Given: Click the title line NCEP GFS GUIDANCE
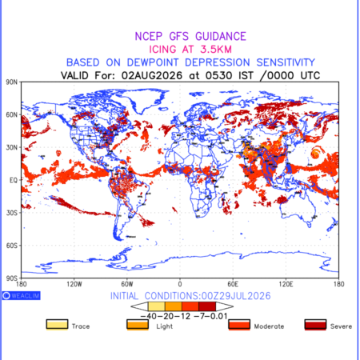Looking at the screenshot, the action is [190, 36].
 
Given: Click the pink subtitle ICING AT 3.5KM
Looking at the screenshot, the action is [190, 50].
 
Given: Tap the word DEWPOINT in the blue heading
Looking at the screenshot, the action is [153, 62].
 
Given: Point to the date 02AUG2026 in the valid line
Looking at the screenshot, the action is [152, 75].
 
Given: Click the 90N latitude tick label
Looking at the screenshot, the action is [12, 82].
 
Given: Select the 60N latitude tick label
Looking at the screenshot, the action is [12, 114].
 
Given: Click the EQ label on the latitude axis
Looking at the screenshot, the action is [14, 180].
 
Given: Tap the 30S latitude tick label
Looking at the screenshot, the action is [12, 213].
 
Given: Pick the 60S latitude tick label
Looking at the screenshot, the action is [12, 246].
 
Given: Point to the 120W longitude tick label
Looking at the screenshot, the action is [74, 284].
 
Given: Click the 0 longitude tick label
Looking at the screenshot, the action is [180, 284].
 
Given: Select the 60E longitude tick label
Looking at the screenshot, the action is [233, 284].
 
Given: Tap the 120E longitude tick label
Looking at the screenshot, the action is [286, 284].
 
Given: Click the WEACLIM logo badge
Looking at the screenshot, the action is [22, 295].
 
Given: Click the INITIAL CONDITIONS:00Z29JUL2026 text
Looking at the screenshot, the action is [190, 296].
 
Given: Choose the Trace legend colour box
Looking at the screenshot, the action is [57, 325].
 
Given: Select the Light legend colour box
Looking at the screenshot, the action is [138, 325].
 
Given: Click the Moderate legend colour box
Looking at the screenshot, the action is [239, 325].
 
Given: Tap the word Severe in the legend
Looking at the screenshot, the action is [341, 326].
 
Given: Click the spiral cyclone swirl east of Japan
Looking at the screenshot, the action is [316, 153].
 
